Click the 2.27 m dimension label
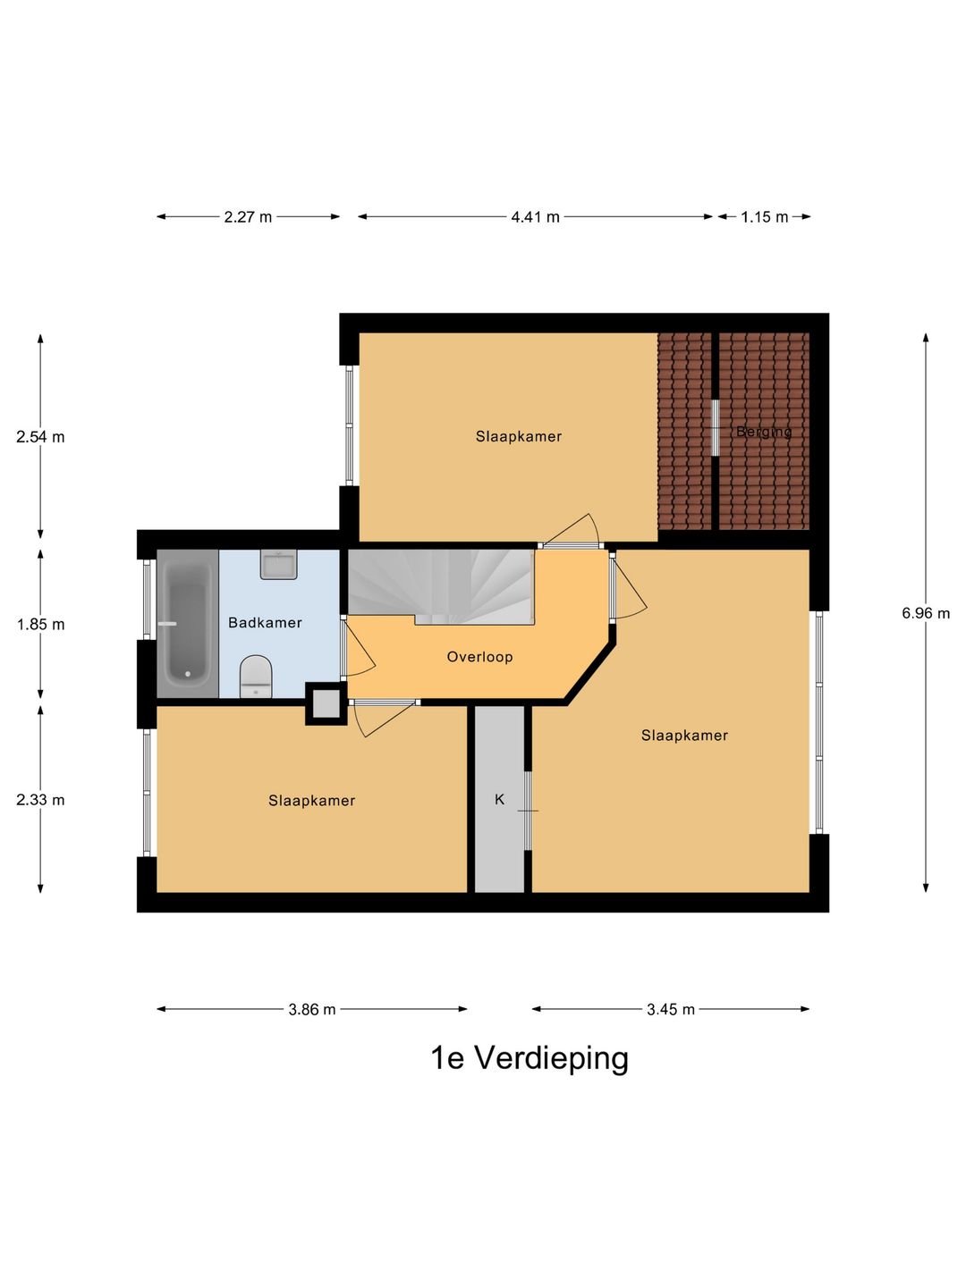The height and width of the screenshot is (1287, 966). (x=248, y=217)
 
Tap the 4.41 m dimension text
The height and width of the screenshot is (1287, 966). (x=535, y=217)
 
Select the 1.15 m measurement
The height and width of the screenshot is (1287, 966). (x=764, y=217)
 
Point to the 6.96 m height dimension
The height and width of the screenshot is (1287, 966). (x=926, y=613)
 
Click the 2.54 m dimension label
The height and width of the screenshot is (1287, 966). (x=40, y=437)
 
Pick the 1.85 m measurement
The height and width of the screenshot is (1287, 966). (x=40, y=625)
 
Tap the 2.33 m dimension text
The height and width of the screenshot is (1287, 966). (x=40, y=800)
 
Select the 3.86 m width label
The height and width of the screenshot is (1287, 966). (x=311, y=1010)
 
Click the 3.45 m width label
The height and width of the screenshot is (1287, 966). (x=671, y=1010)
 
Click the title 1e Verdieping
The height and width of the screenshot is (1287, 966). (x=530, y=1058)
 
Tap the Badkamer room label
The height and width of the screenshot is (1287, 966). (x=265, y=623)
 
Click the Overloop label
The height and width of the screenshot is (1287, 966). (x=479, y=657)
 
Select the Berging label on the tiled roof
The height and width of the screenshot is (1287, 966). (x=764, y=433)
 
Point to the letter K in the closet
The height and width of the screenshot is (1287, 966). (x=499, y=800)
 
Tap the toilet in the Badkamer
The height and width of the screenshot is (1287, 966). (x=256, y=677)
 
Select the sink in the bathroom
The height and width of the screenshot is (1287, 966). (x=278, y=565)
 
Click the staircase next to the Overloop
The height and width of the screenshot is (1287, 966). (x=438, y=585)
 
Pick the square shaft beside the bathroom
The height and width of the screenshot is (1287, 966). (x=326, y=703)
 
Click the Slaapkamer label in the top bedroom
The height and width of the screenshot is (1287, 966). (x=518, y=437)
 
